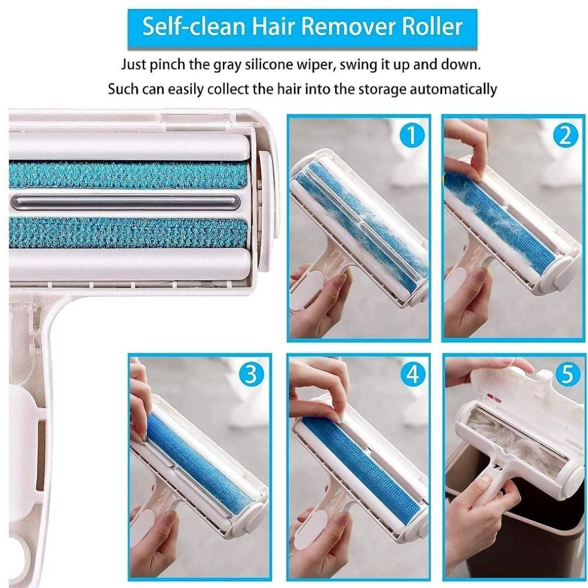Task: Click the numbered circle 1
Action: click(412, 135)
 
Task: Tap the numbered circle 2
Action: click(565, 135)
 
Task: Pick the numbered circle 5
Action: click(565, 374)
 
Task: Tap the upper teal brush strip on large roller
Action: click(128, 175)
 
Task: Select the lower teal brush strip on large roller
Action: click(128, 232)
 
